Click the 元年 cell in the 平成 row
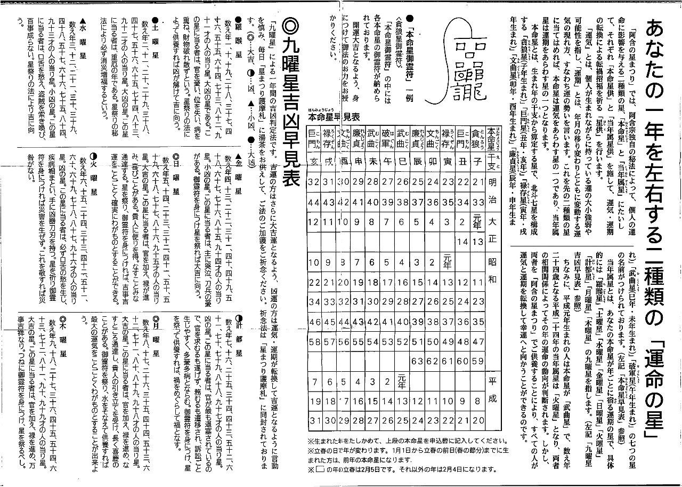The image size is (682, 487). click(x=402, y=381)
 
